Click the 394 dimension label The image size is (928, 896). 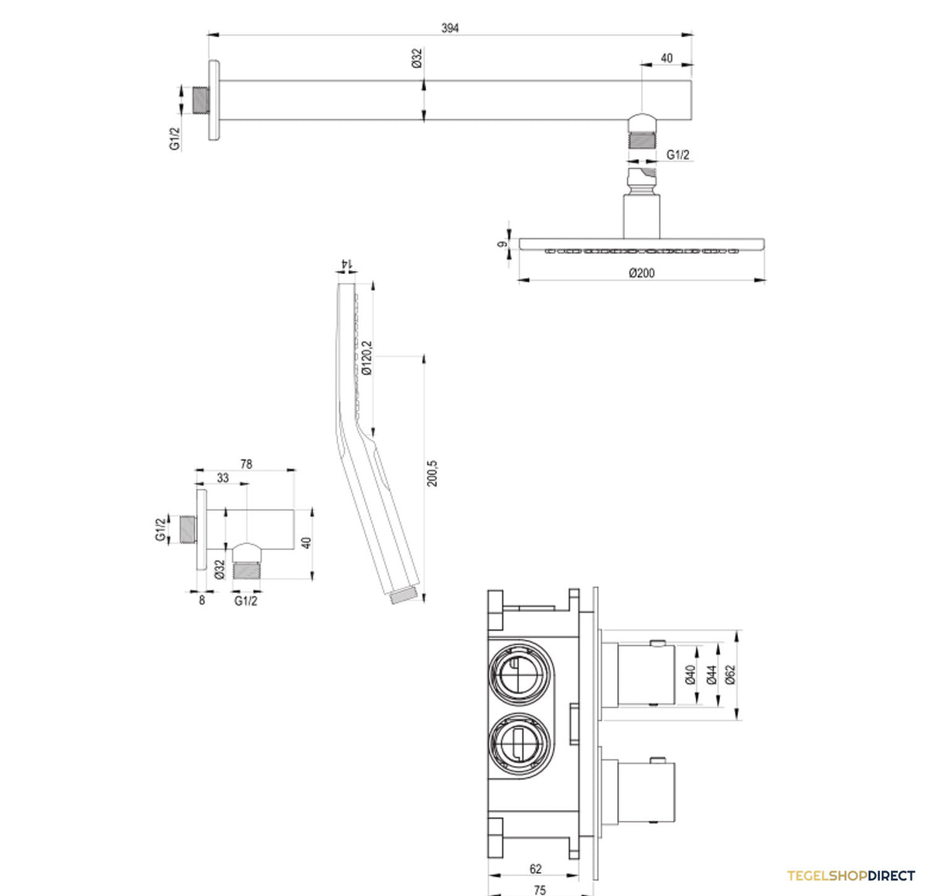(450, 28)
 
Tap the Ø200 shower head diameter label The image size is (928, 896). (641, 273)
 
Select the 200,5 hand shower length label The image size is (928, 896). (432, 474)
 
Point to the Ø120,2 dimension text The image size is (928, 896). (367, 357)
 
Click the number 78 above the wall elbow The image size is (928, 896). (246, 463)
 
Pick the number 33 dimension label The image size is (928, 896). (223, 477)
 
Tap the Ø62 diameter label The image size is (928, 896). (730, 675)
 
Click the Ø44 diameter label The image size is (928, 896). (711, 675)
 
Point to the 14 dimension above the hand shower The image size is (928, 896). (346, 263)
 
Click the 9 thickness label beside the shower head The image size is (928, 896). (502, 245)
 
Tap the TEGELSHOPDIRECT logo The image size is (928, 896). (851, 876)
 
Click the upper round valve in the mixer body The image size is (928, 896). (519, 672)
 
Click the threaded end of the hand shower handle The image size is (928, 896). (404, 596)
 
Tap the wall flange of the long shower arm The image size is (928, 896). (214, 100)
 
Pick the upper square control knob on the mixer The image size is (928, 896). (647, 674)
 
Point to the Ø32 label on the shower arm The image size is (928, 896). (417, 58)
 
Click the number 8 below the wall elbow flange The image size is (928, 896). (202, 600)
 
